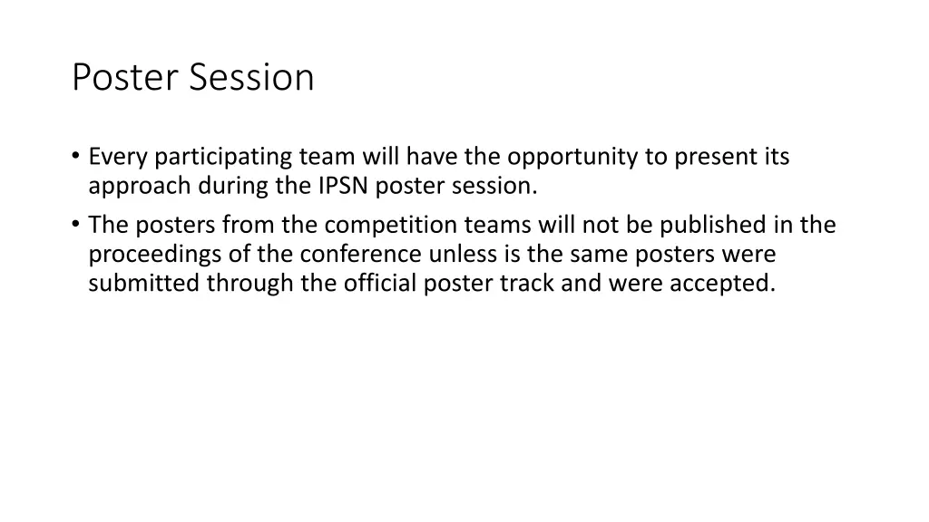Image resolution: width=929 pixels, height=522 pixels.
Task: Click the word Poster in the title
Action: (127, 78)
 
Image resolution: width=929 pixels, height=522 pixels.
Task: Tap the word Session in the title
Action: (252, 78)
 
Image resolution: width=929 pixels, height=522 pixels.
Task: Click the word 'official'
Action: (379, 284)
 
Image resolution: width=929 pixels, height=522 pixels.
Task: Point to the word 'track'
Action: (528, 284)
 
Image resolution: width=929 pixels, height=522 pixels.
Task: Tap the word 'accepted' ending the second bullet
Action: (722, 284)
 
